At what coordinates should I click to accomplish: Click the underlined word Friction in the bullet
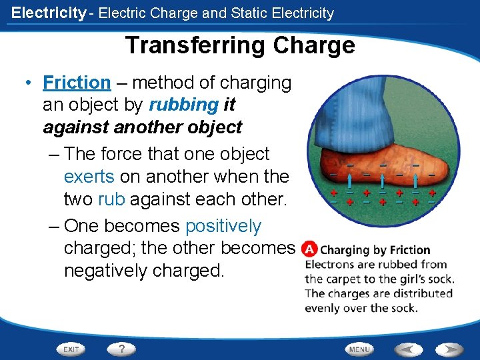(x=77, y=83)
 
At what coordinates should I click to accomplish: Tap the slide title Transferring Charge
(x=239, y=45)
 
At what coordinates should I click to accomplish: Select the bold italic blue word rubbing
(x=183, y=105)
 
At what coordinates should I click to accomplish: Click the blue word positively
(x=223, y=226)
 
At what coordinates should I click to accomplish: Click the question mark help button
(x=121, y=349)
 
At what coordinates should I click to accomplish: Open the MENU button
(x=359, y=349)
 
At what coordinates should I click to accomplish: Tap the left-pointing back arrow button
(x=407, y=349)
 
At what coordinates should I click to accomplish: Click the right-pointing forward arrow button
(x=449, y=349)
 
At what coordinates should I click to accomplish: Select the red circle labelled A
(x=309, y=250)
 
